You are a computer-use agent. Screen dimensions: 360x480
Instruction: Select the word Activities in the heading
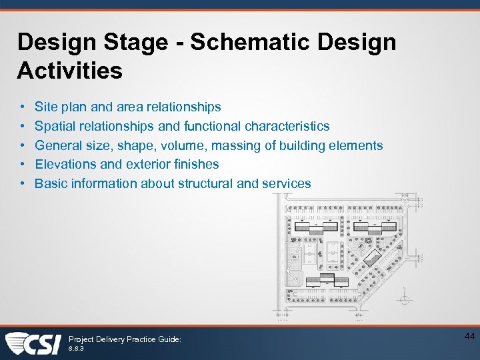70,70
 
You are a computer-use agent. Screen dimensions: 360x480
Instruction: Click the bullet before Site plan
22,107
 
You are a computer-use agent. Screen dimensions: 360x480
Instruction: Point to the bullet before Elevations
22,164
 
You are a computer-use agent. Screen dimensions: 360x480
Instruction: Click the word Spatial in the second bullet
54,126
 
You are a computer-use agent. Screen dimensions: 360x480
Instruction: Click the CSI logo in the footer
33,343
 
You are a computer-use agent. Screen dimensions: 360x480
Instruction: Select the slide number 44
469,337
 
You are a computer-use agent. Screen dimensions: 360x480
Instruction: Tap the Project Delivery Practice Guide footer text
125,339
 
